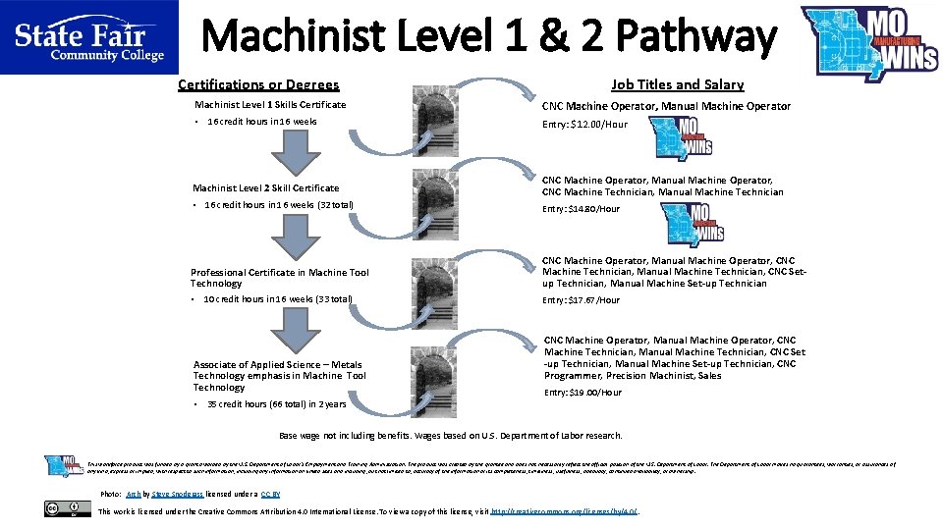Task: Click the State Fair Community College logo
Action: pyautogui.click(x=88, y=38)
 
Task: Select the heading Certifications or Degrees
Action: pyautogui.click(x=258, y=85)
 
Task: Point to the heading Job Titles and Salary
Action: pyautogui.click(x=677, y=85)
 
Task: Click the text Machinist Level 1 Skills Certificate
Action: pyautogui.click(x=269, y=104)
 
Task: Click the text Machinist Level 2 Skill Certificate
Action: pyautogui.click(x=265, y=187)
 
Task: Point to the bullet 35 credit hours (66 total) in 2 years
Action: pyautogui.click(x=276, y=403)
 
